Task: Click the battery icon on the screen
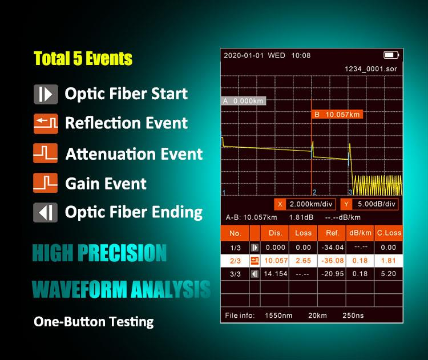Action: pos(390,55)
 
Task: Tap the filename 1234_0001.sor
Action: pos(370,68)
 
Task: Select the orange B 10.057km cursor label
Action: pos(337,114)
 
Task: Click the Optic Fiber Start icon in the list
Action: pos(46,94)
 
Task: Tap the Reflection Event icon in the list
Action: pos(46,123)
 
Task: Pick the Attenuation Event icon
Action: pos(46,153)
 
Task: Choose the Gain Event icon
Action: pos(46,183)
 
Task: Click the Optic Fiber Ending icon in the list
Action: pos(46,212)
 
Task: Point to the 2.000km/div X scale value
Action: pos(308,204)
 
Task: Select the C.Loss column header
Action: pos(389,233)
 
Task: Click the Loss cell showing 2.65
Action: pos(303,261)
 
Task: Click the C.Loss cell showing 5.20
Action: pos(388,274)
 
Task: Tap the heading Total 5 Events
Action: pos(83,59)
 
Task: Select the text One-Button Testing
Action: pos(94,321)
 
